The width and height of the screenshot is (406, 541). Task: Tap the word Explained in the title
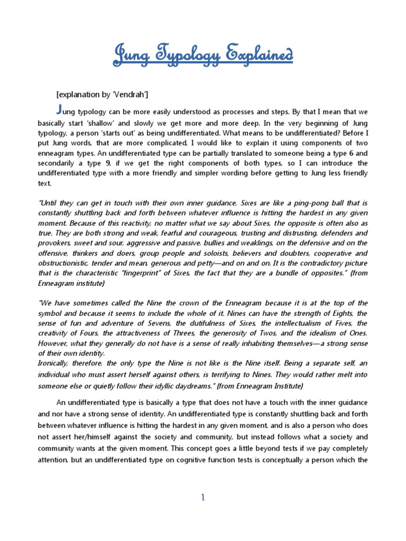click(257, 54)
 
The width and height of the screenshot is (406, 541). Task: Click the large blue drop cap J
click(59, 109)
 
